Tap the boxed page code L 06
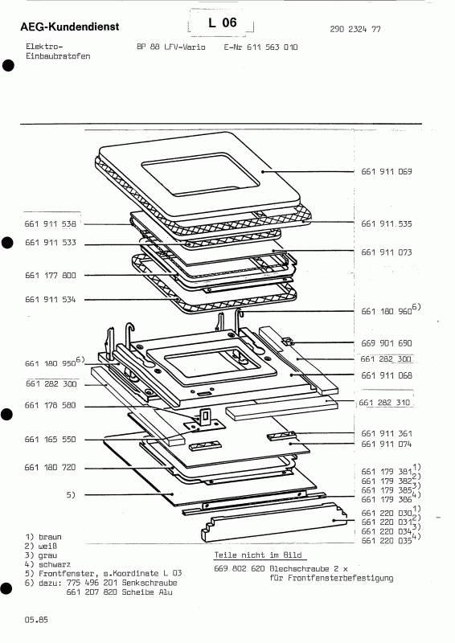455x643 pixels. point(222,23)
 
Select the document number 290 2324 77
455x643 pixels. point(355,29)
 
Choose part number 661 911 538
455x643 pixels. point(50,223)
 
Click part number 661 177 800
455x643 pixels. point(50,275)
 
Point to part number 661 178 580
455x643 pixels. point(50,405)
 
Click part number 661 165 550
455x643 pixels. point(50,440)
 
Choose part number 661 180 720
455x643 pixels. point(50,467)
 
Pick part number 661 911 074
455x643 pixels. point(386,443)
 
